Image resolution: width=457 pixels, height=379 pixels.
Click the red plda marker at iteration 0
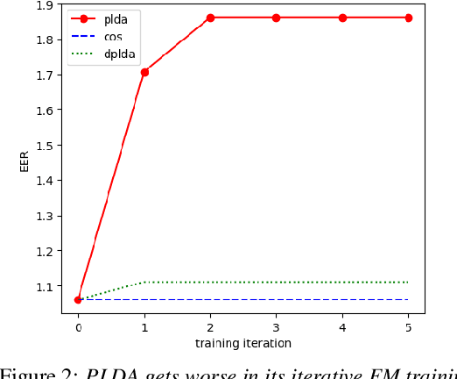(x=78, y=299)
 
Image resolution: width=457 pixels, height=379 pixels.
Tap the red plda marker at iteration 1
(x=144, y=72)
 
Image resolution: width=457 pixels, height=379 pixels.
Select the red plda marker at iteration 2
(x=210, y=18)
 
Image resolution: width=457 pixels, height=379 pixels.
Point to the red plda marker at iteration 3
(x=277, y=18)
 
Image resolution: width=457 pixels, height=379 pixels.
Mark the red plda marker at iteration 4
(x=342, y=18)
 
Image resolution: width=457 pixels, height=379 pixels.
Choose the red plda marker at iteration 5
(x=409, y=18)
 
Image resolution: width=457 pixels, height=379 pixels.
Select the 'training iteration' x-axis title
(x=243, y=343)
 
